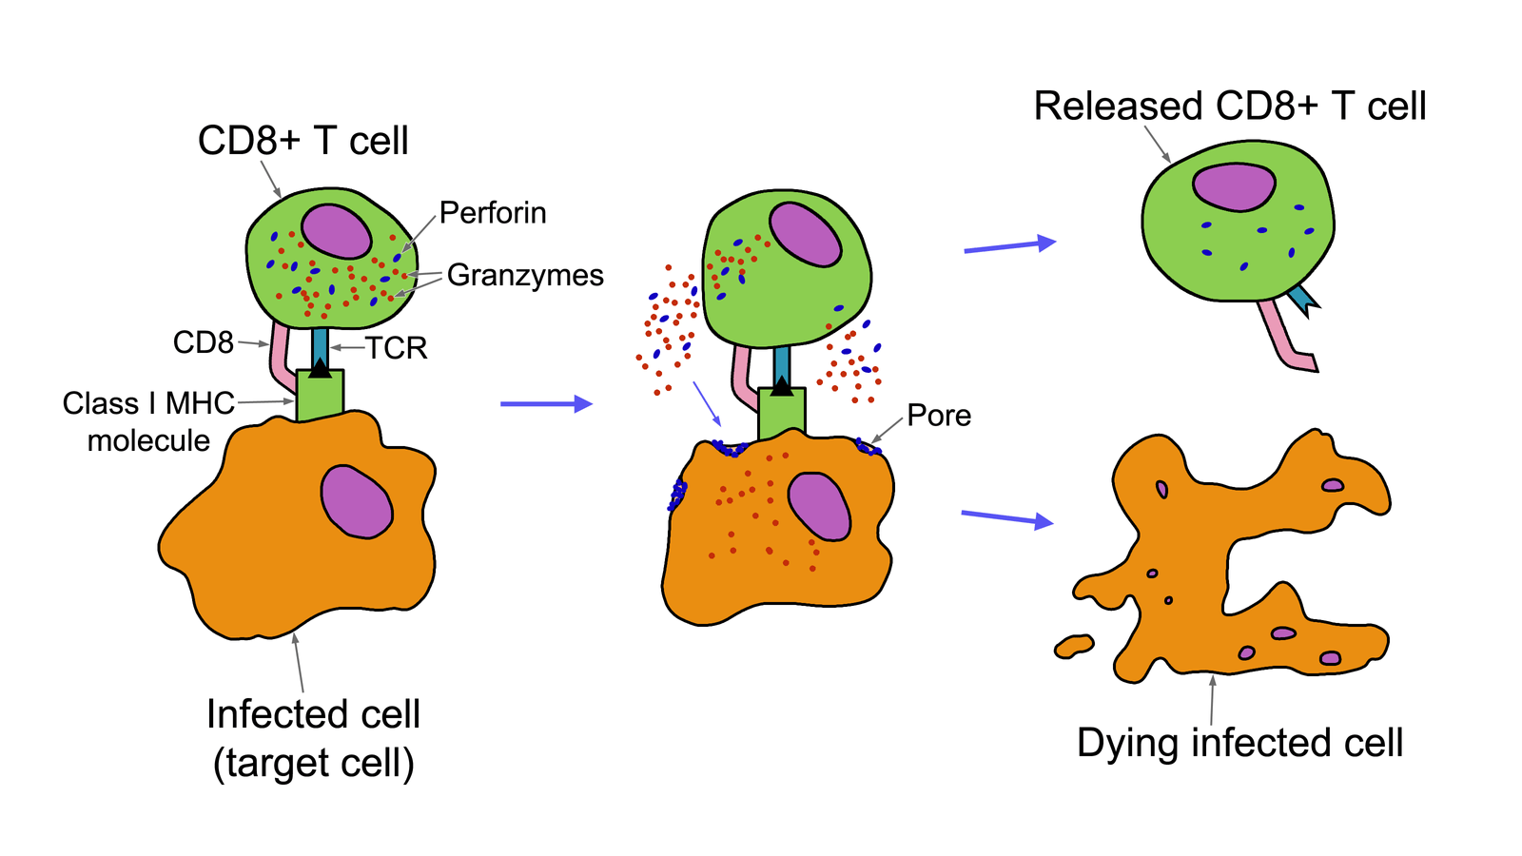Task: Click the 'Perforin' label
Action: coord(493,213)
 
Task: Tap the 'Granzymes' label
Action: coord(525,276)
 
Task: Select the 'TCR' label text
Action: coord(397,348)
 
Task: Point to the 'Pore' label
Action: coord(939,416)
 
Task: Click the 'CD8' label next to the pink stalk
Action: coord(203,342)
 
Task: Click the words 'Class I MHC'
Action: coord(148,403)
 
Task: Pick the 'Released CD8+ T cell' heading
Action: coord(1229,107)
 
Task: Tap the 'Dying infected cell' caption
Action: coord(1239,743)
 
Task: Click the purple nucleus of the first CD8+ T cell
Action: coord(337,230)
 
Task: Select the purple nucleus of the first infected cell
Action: coord(356,501)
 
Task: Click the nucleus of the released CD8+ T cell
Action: coord(1234,186)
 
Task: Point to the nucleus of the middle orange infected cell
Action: coord(819,506)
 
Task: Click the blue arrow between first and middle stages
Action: coord(545,404)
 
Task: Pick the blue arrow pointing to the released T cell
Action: coord(1009,246)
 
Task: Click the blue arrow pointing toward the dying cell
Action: coord(1006,518)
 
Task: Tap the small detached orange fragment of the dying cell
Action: coord(1074,647)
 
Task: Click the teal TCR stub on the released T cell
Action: coord(1301,300)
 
